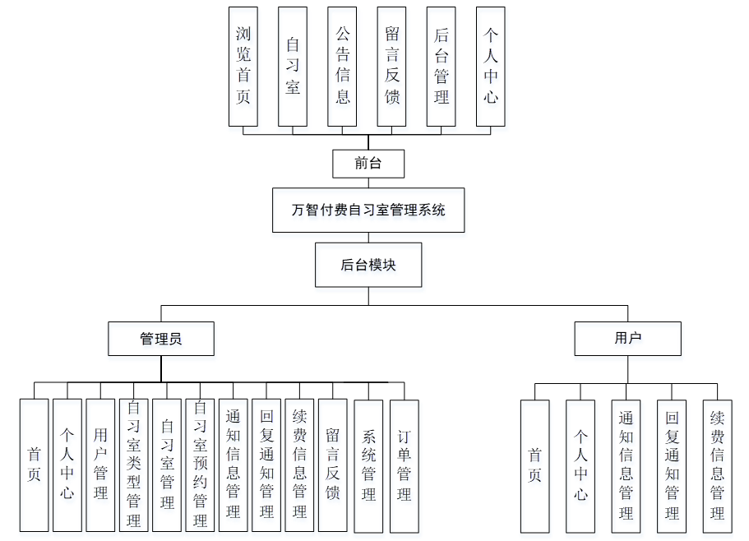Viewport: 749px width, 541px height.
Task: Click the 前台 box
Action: [x=368, y=164]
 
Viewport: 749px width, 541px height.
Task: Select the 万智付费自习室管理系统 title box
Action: [x=368, y=210]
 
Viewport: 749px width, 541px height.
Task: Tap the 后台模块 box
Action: [x=368, y=265]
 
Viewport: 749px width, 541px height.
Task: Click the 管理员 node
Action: [x=161, y=338]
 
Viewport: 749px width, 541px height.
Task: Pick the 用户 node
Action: [x=627, y=338]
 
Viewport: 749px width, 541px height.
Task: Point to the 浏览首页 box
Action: [x=243, y=67]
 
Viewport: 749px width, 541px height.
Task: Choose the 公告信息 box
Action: [x=342, y=67]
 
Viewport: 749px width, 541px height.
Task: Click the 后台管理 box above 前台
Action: [x=442, y=67]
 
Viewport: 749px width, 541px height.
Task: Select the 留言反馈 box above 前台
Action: [x=391, y=67]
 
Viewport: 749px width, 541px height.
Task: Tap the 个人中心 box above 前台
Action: [x=491, y=67]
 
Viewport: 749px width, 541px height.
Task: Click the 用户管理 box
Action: [x=100, y=465]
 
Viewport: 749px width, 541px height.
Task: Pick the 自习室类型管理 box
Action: [x=134, y=465]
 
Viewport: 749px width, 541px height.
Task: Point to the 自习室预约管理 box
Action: [x=200, y=465]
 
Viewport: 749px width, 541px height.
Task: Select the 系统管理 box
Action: [x=368, y=465]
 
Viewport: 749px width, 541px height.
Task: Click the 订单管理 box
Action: [x=404, y=465]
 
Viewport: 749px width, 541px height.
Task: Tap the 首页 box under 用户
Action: [x=535, y=465]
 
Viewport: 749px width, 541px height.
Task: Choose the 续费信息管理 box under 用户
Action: [x=717, y=465]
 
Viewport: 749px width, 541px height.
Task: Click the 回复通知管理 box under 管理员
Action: [x=266, y=465]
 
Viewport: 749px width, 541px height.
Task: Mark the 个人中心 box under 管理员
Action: [x=67, y=465]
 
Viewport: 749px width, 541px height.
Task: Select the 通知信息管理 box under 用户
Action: [x=626, y=465]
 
